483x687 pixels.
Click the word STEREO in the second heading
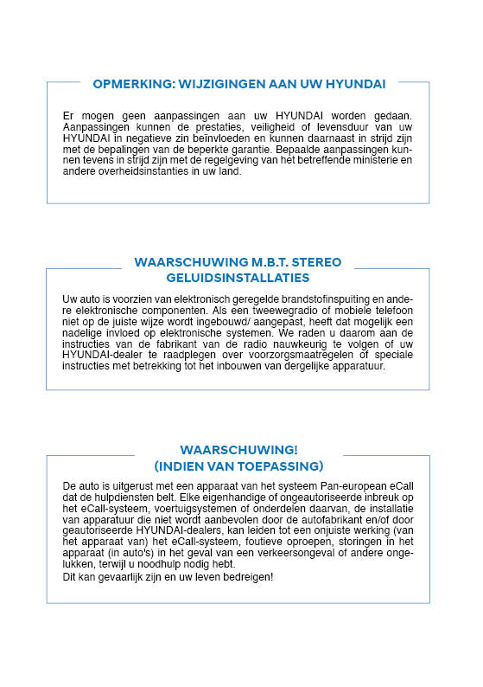[315, 262]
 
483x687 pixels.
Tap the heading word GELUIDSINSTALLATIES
[238, 278]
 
